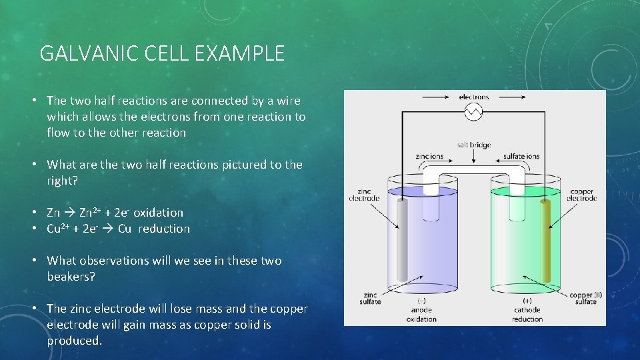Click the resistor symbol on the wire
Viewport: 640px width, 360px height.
click(x=473, y=112)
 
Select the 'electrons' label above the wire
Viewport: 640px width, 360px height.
click(x=473, y=97)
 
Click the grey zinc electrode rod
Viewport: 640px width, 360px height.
click(x=402, y=240)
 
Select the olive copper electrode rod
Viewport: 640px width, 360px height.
click(x=546, y=240)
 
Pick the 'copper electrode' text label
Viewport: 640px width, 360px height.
click(x=581, y=195)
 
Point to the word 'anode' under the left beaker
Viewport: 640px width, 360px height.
click(x=421, y=310)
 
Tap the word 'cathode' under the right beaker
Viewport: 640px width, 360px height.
click(x=527, y=310)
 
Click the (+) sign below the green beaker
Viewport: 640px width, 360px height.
click(x=527, y=301)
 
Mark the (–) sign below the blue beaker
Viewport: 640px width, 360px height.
click(x=421, y=301)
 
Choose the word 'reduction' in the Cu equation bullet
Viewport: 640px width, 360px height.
click(x=164, y=229)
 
